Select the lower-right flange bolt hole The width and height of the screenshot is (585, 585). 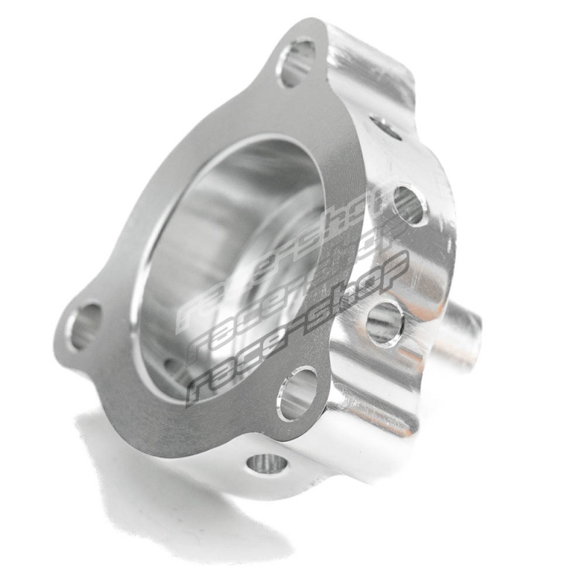tap(298, 394)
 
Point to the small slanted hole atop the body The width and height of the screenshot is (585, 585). tap(385, 127)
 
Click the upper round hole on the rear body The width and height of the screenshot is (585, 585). tap(409, 205)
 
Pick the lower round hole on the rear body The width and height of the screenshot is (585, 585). tap(385, 322)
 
